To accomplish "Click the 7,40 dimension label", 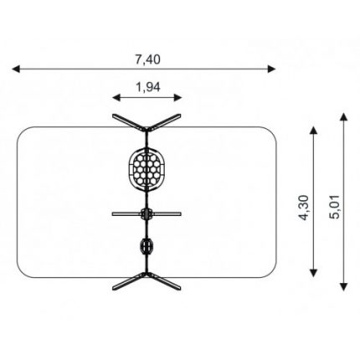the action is coord(148,59).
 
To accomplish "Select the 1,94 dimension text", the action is coord(148,87).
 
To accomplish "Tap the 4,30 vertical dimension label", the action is coord(304,208).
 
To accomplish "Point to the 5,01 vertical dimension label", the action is coord(335,207).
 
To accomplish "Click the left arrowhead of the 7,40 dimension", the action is coord(16,69).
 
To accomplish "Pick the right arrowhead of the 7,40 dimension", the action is coord(271,69).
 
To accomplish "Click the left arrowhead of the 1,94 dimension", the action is coord(116,97).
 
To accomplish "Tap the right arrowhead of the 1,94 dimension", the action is coord(177,97).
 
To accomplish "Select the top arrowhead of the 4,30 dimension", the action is coord(314,131).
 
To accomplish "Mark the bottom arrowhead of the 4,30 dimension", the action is coord(314,273).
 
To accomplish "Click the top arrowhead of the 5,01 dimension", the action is coord(344,117).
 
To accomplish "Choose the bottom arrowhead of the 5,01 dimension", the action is coord(344,287).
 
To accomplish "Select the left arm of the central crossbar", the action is coord(126,214).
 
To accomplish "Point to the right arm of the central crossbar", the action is coord(167,214).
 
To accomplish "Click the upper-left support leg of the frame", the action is coord(129,123).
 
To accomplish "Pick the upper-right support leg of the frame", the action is coord(164,123).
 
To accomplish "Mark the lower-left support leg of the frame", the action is coord(129,281).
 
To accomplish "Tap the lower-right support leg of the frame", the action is coord(164,281).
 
